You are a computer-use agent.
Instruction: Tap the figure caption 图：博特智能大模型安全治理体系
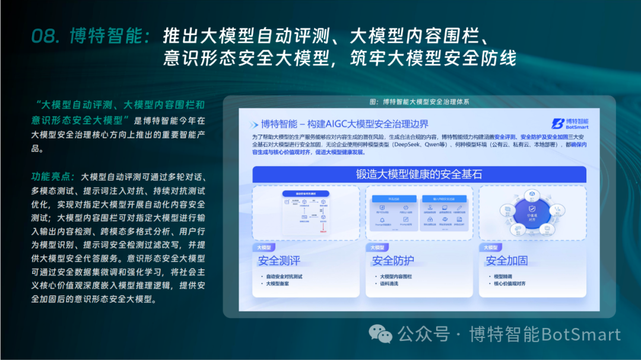(x=419, y=101)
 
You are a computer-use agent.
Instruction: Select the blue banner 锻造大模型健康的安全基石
(x=419, y=174)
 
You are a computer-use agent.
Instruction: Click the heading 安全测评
(x=279, y=260)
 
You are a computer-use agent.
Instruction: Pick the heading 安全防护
(x=393, y=260)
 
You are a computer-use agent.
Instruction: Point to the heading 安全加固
(x=506, y=260)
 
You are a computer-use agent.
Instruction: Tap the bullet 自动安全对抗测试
(x=285, y=276)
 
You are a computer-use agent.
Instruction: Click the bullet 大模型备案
(x=278, y=284)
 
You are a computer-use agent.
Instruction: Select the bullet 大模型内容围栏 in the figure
(x=396, y=276)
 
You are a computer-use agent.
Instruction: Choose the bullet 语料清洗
(x=389, y=284)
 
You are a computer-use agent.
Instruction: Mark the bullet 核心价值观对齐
(x=509, y=284)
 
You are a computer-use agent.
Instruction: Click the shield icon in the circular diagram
(x=532, y=208)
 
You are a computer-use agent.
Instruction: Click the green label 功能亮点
(x=53, y=177)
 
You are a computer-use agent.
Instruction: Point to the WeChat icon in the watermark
(x=380, y=334)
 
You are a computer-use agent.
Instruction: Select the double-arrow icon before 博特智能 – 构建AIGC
(x=253, y=125)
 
